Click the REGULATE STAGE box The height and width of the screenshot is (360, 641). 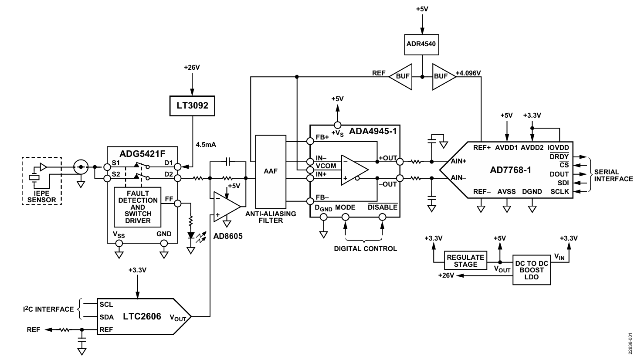click(465, 261)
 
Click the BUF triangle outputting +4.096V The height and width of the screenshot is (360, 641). click(442, 77)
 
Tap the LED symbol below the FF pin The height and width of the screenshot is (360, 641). click(191, 236)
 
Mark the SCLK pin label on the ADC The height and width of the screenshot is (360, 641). click(559, 192)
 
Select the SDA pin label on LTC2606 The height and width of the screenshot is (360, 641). click(106, 317)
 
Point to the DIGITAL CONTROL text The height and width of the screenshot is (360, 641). click(365, 249)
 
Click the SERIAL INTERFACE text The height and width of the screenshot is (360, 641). click(613, 176)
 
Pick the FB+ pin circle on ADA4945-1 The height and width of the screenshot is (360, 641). click(310, 141)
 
